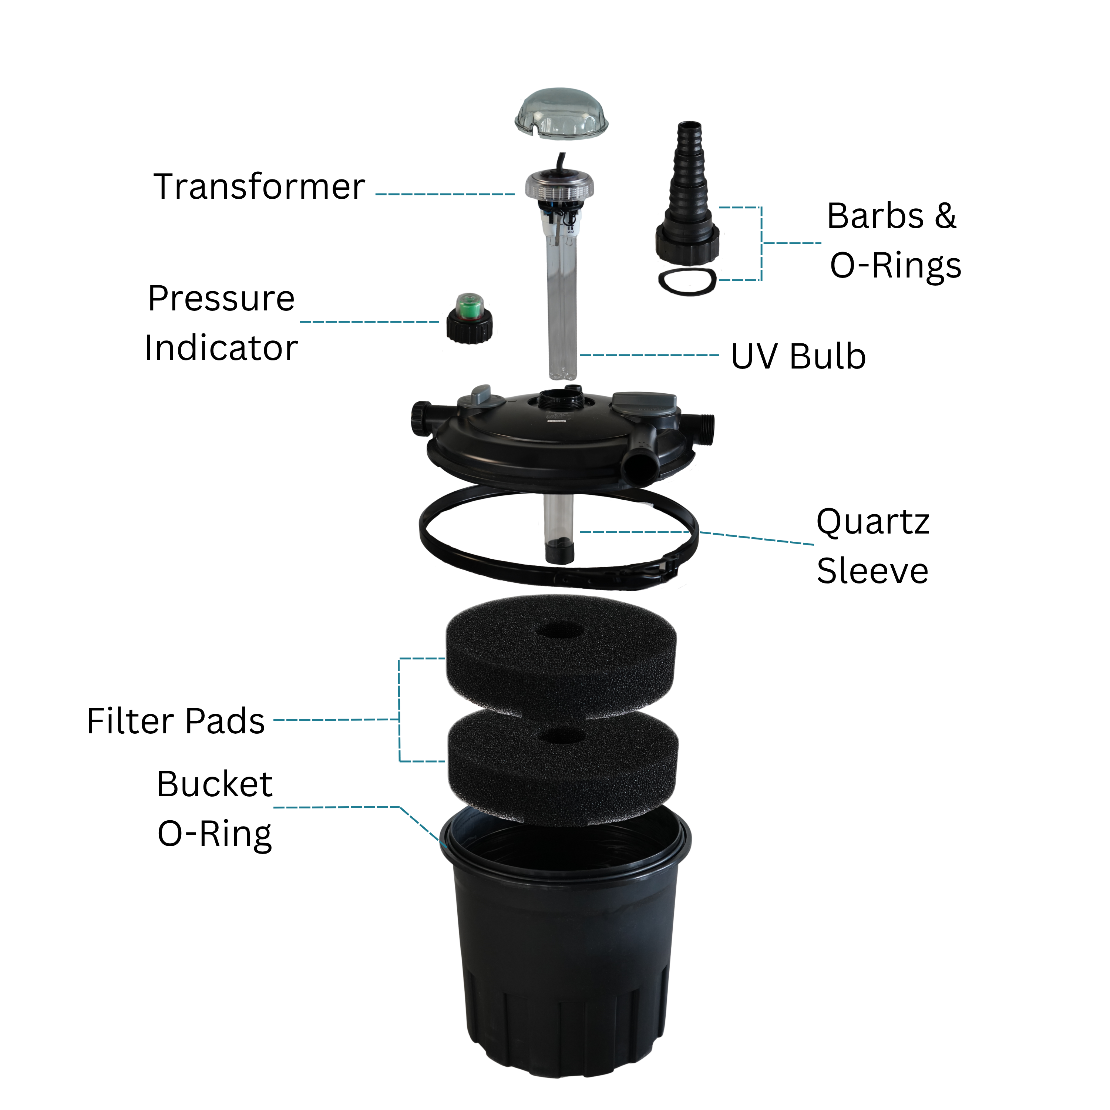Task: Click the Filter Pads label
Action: pyautogui.click(x=176, y=721)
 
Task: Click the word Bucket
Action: pyautogui.click(x=214, y=784)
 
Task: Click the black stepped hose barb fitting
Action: pyautogui.click(x=688, y=189)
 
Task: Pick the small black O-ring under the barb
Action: pyautogui.click(x=687, y=282)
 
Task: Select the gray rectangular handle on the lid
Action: pyautogui.click(x=643, y=402)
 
